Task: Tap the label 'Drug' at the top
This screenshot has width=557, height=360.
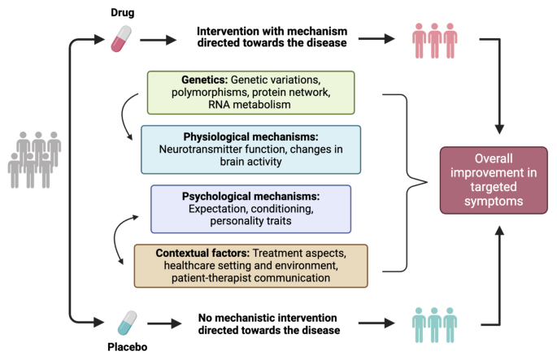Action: [122, 12]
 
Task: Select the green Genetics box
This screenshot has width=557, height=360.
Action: [250, 92]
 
